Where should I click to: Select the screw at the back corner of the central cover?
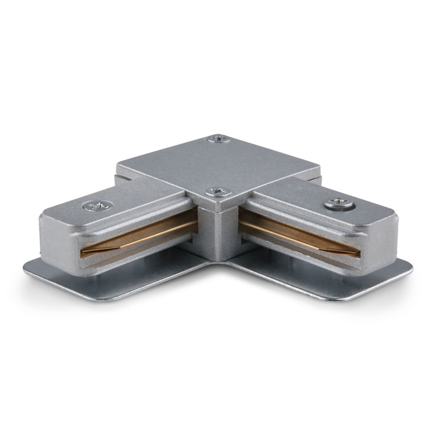[218, 140]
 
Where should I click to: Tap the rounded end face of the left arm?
[57, 240]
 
